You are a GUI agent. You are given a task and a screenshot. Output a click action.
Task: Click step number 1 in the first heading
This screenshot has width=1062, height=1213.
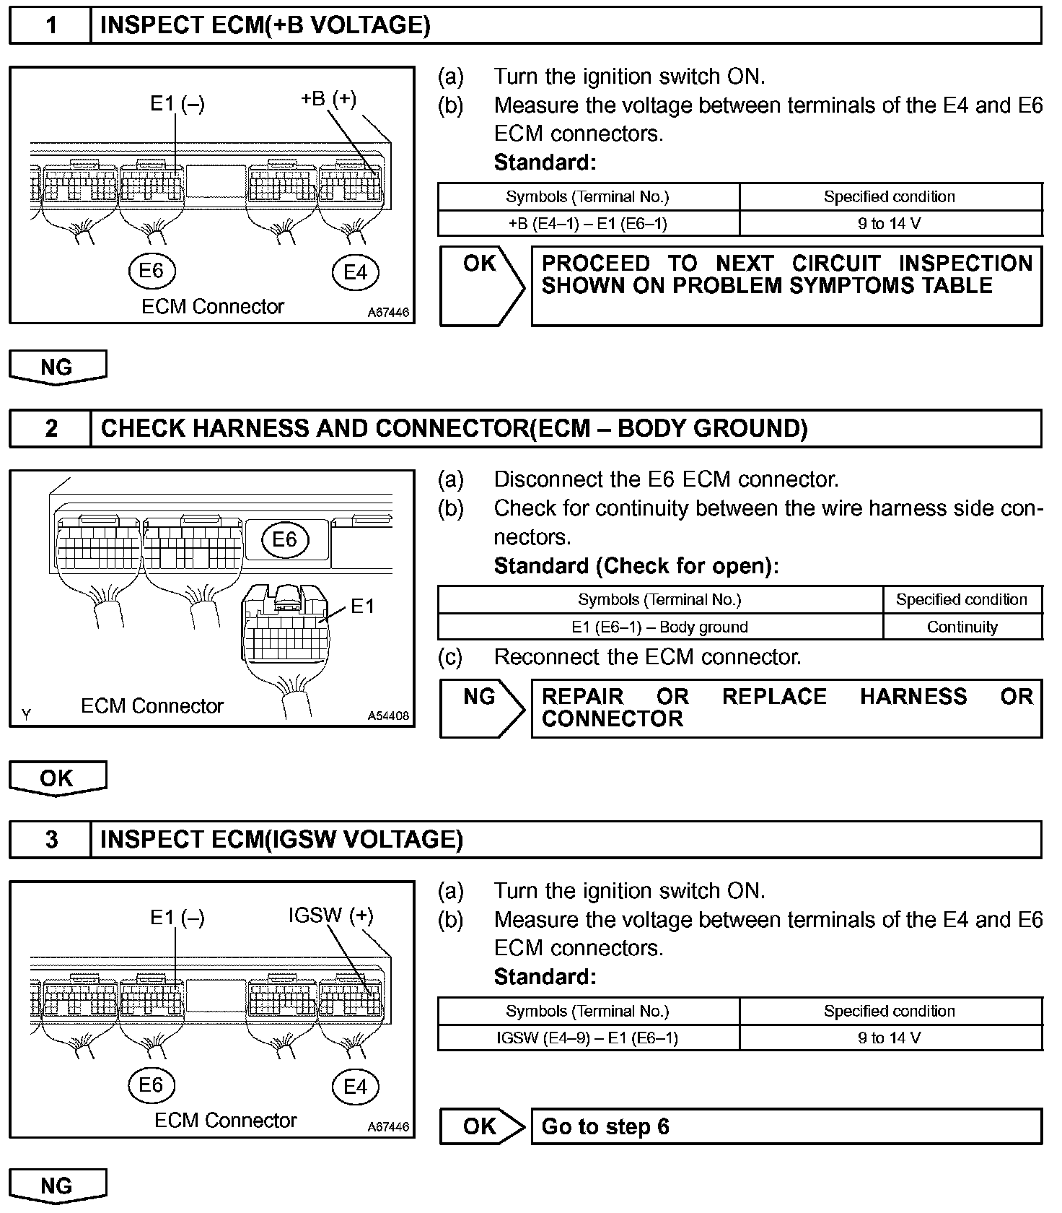[x=51, y=26]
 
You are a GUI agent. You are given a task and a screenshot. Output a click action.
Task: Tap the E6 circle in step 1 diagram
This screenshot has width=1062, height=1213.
[x=152, y=271]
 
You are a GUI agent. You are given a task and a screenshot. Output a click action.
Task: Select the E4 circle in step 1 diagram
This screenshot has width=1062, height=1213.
[x=355, y=272]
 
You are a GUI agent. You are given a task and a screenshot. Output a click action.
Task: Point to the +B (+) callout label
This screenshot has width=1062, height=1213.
[x=328, y=98]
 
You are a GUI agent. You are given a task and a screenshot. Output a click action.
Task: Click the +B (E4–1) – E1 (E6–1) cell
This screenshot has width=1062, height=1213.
[x=588, y=224]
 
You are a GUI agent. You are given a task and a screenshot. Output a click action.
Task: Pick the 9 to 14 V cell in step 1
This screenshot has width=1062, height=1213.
[x=890, y=224]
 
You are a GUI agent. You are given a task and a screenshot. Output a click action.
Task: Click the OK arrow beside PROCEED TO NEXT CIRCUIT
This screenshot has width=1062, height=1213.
[x=480, y=286]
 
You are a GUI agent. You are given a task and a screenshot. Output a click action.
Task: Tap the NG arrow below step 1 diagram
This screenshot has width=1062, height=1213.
[x=57, y=367]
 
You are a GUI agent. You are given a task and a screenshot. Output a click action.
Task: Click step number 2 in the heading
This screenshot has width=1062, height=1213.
[x=51, y=428]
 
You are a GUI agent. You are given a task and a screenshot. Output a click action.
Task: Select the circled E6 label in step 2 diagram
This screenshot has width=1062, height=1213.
[x=284, y=539]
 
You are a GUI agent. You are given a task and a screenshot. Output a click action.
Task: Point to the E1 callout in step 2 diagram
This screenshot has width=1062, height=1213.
[x=363, y=606]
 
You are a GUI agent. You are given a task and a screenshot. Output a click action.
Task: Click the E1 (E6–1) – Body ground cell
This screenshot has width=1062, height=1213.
[x=659, y=627]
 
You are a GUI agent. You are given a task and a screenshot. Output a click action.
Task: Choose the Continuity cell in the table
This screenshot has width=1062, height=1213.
[x=962, y=627]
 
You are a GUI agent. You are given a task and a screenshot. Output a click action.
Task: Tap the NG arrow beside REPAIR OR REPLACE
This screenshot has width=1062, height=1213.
[x=480, y=708]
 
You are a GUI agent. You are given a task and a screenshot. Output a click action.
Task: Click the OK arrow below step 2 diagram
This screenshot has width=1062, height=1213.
[x=57, y=778]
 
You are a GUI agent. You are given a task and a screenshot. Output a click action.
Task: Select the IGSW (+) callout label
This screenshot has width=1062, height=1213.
[x=331, y=916]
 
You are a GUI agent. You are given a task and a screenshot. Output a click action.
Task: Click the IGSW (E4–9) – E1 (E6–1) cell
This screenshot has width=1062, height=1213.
[x=588, y=1038]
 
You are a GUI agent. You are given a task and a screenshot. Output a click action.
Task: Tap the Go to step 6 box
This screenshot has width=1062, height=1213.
[x=786, y=1126]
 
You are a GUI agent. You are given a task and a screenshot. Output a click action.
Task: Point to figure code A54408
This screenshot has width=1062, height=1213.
[x=388, y=716]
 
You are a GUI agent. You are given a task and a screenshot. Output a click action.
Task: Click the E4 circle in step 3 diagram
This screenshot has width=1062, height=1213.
[x=355, y=1087]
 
